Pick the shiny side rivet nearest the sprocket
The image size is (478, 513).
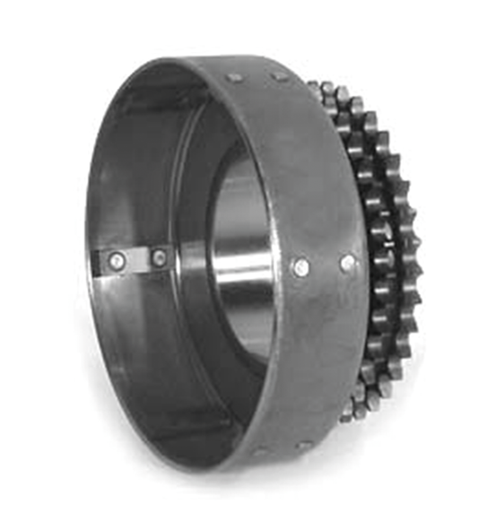tap(348, 262)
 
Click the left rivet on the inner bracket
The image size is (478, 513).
tap(116, 261)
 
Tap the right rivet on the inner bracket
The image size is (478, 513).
tap(159, 259)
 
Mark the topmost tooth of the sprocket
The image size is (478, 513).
tap(316, 88)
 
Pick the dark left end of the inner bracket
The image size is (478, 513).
tap(100, 262)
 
